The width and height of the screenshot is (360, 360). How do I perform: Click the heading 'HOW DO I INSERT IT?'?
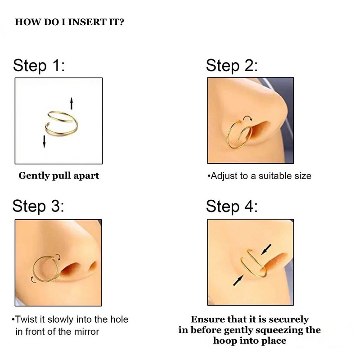click(70, 22)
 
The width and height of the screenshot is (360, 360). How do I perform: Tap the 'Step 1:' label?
click(40, 66)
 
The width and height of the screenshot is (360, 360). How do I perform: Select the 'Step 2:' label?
click(232, 66)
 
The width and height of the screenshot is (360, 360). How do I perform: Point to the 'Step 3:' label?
click(39, 207)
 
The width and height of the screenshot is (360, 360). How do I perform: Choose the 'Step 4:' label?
click(232, 207)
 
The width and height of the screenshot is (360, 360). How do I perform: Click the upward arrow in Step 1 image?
click(71, 103)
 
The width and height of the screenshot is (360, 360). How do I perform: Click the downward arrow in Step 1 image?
click(44, 140)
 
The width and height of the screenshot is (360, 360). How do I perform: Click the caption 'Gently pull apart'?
click(58, 175)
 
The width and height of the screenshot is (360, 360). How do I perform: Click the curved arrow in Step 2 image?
click(247, 118)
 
